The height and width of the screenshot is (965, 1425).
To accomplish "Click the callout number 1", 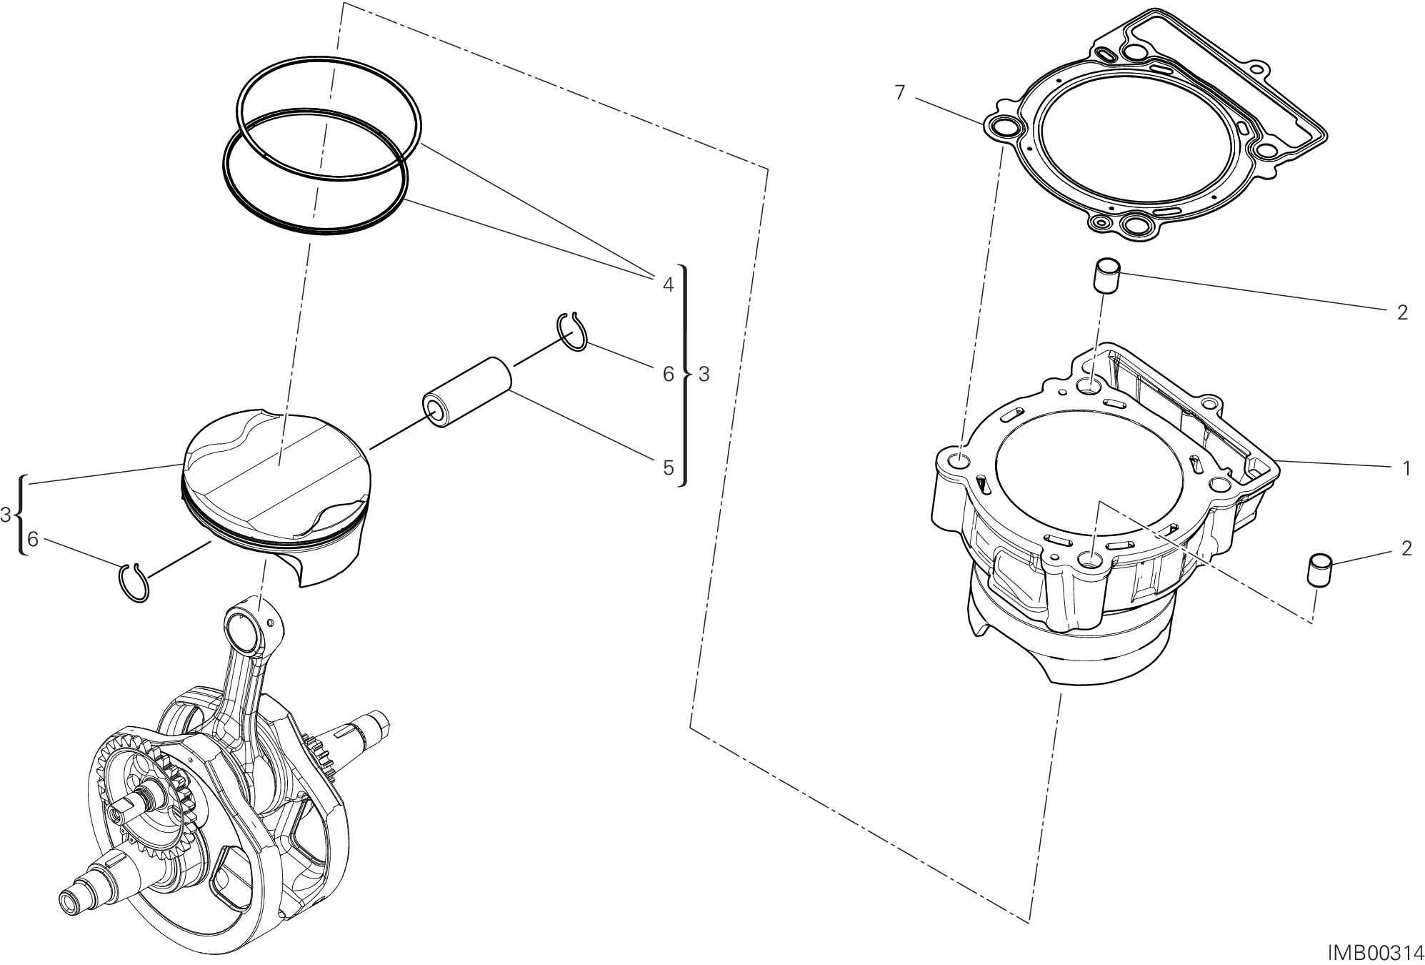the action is [x=1406, y=469].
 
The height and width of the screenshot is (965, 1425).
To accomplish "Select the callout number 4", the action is [x=668, y=285].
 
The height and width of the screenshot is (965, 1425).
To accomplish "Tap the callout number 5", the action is [x=668, y=467].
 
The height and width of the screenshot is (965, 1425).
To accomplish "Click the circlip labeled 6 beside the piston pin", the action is [x=572, y=332].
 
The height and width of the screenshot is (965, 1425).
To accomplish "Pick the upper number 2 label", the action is [x=1401, y=312].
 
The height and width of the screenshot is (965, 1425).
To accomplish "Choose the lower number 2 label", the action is [x=1406, y=548].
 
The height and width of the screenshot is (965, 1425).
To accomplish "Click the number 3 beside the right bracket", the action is [x=704, y=374].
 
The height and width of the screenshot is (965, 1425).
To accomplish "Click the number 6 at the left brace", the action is [x=32, y=539].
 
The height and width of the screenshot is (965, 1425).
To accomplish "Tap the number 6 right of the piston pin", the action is [x=668, y=374].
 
